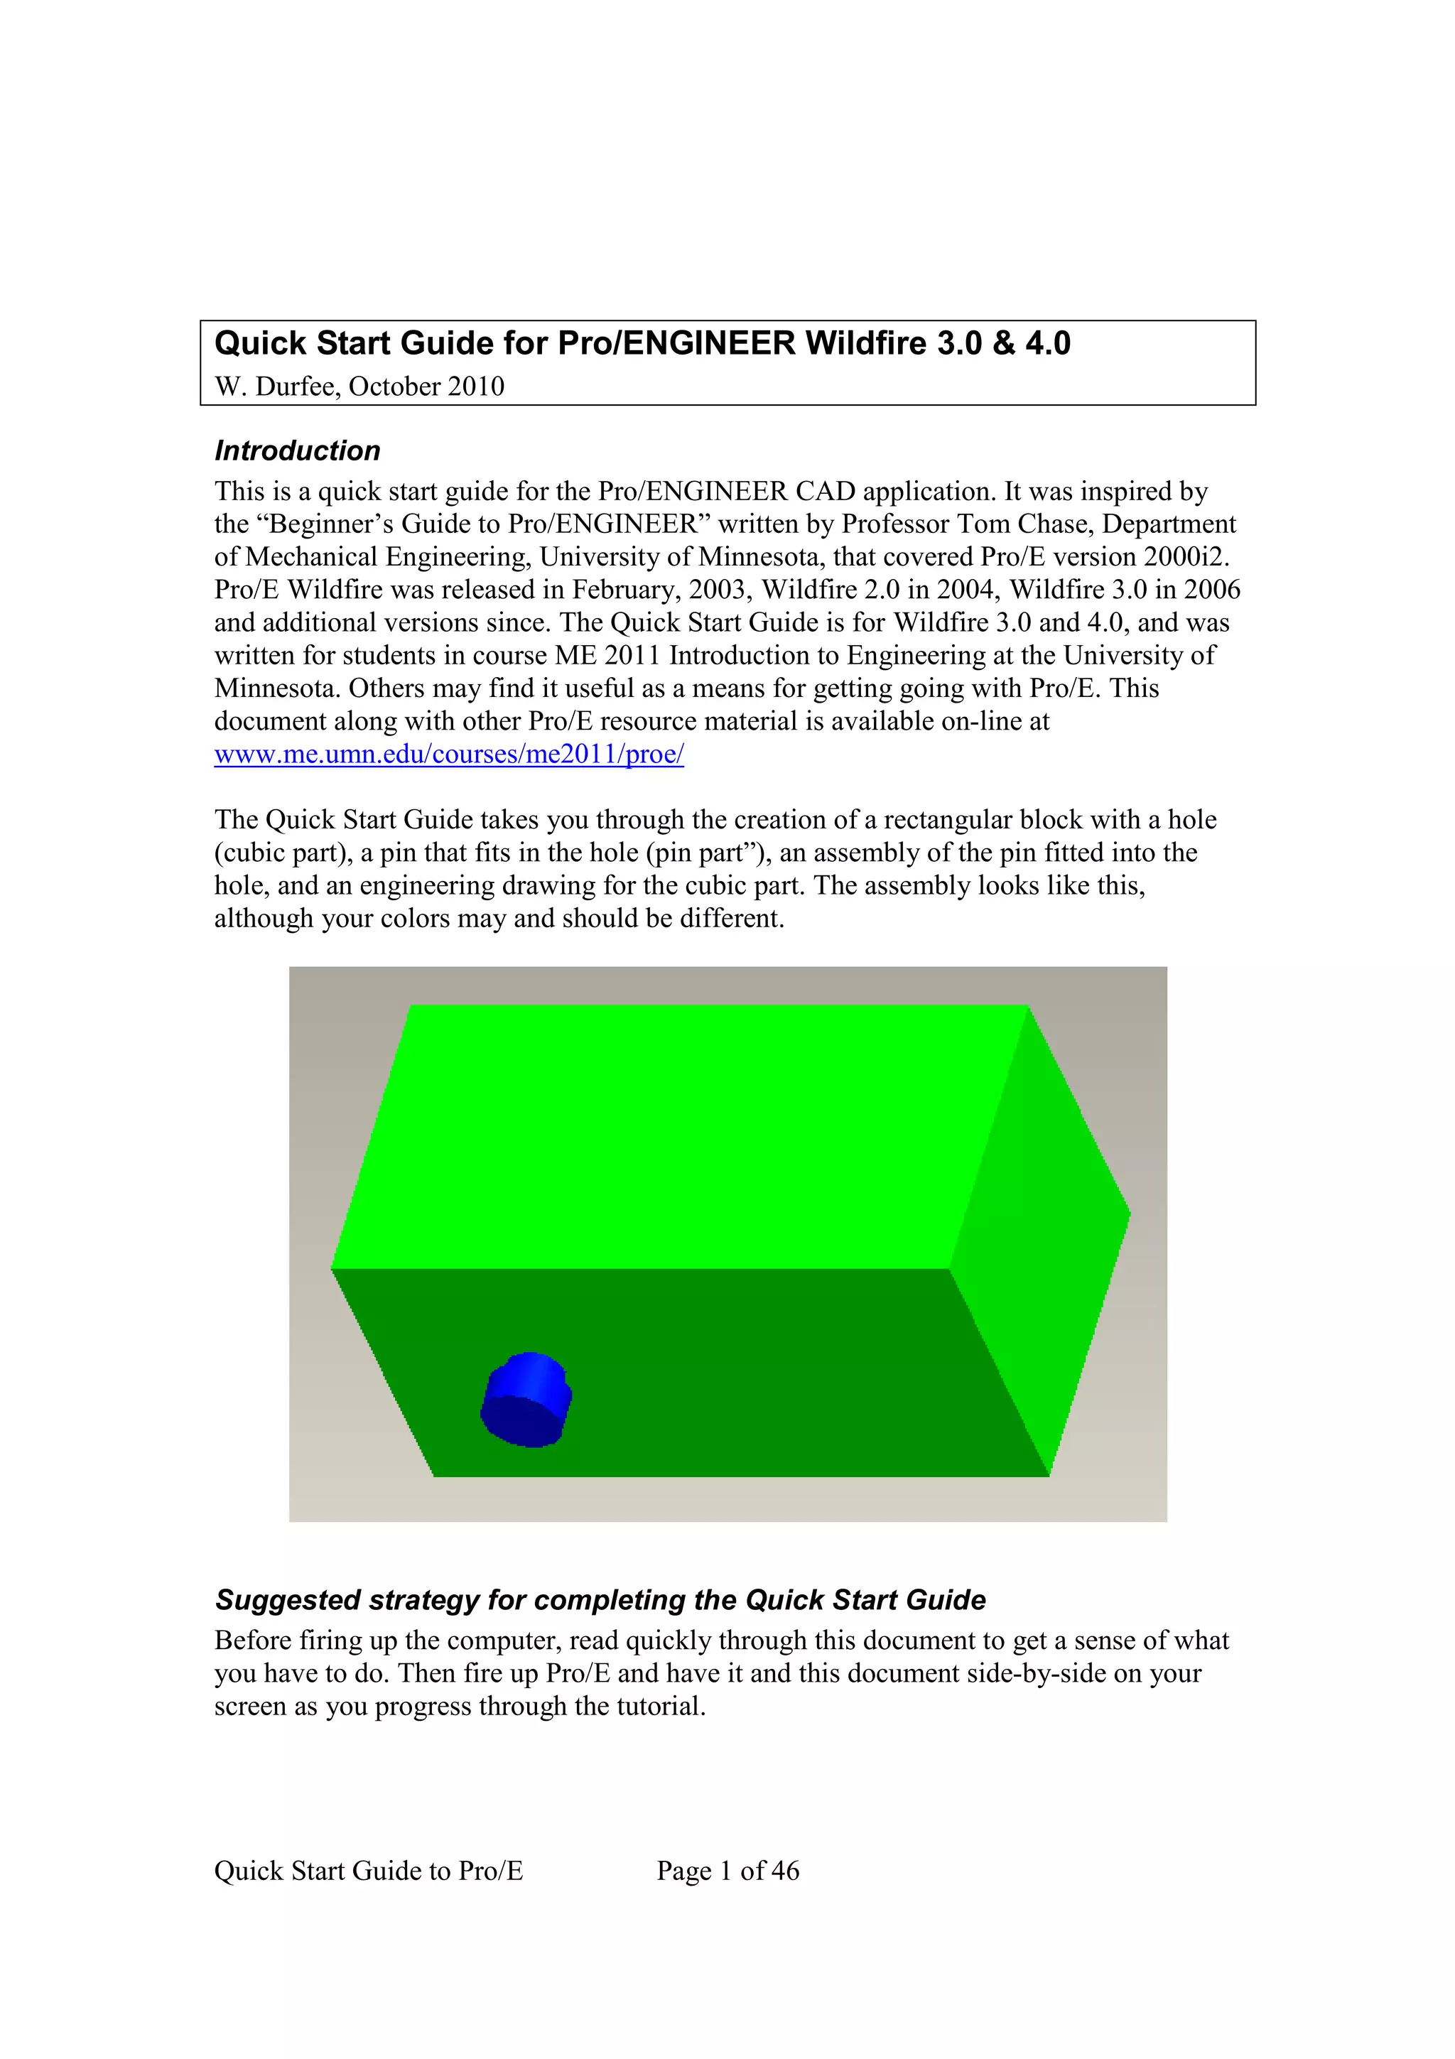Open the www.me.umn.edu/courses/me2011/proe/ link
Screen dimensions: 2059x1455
448,755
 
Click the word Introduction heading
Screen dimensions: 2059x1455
297,450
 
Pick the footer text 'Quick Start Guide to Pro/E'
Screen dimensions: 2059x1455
367,1870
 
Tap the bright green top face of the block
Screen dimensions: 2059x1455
681,1130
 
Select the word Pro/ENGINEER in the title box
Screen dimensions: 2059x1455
676,343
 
